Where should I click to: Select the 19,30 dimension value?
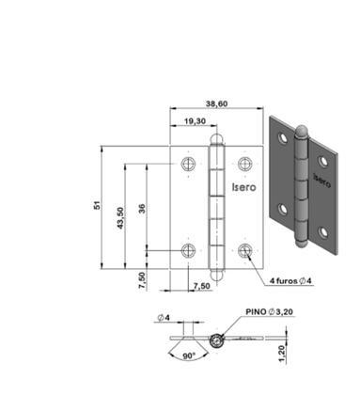tap(196, 121)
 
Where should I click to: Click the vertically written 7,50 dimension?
tap(142, 280)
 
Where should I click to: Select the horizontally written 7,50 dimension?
tap(201, 285)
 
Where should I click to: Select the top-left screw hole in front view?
tap(188, 164)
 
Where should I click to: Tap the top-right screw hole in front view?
tap(247, 164)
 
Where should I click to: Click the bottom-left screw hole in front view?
tap(188, 251)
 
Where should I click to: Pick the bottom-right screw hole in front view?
tap(247, 251)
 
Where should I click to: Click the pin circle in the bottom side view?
tap(217, 340)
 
